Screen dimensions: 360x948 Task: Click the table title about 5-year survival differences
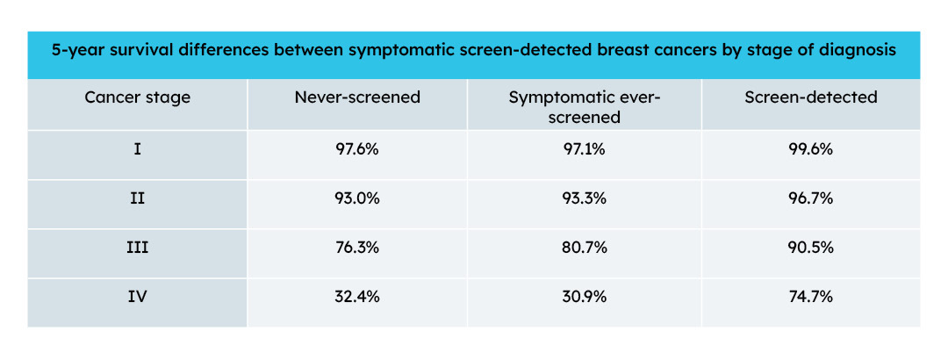point(473,51)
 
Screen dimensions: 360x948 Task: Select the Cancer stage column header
point(137,97)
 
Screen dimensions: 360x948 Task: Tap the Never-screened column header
point(356,97)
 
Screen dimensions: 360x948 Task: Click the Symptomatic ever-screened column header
point(584,106)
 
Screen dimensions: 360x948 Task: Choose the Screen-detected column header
point(810,97)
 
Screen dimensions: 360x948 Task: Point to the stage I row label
point(137,150)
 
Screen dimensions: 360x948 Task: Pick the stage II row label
point(137,199)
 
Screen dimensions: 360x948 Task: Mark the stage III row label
point(137,248)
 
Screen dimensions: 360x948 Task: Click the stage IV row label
point(137,298)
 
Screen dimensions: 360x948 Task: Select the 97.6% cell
point(356,150)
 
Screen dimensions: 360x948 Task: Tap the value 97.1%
point(584,150)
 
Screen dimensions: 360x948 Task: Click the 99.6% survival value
point(810,150)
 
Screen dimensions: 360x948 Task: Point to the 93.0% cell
point(356,199)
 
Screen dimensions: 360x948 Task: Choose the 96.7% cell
point(810,199)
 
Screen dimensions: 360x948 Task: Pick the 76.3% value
point(356,248)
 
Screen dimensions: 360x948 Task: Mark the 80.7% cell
point(584,248)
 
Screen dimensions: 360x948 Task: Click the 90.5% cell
point(810,248)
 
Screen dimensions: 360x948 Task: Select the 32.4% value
point(356,298)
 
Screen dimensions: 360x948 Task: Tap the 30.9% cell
point(584,298)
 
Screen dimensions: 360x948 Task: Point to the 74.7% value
point(810,298)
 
